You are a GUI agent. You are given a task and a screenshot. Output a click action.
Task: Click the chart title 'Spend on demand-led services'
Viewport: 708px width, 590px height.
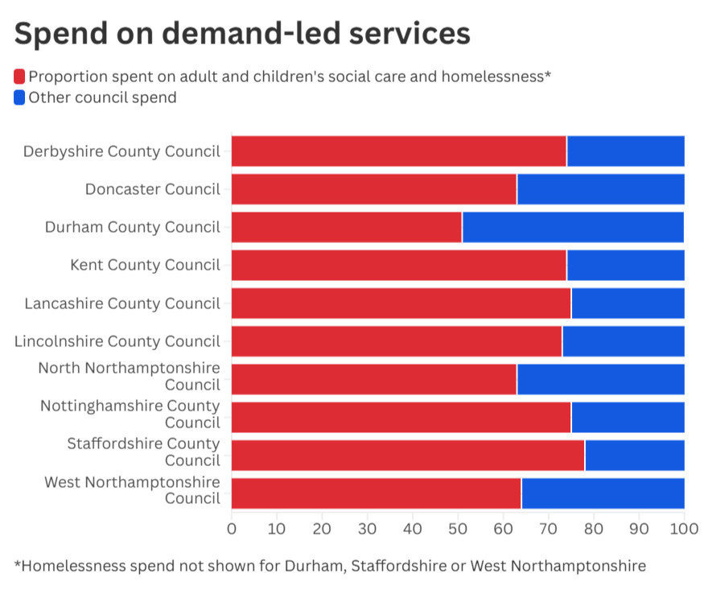click(242, 34)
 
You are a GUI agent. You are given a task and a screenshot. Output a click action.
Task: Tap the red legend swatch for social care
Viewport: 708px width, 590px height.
click(19, 76)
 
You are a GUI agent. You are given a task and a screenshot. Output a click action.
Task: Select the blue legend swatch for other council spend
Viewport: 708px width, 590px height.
click(19, 97)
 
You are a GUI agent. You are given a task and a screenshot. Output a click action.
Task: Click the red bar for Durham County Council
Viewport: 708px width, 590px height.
click(347, 227)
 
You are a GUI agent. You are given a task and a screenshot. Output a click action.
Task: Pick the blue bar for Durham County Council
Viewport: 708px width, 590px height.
click(573, 227)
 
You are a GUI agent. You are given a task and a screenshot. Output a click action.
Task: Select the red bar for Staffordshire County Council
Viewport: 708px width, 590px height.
click(408, 455)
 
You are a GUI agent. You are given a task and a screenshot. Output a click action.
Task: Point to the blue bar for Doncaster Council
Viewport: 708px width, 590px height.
click(600, 189)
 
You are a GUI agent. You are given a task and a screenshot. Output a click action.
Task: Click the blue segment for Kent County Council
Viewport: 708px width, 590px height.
click(625, 265)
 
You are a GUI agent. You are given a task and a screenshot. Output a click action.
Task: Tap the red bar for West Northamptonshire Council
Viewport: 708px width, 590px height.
click(376, 493)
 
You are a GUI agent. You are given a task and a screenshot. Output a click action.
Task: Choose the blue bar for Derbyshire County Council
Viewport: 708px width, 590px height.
click(625, 151)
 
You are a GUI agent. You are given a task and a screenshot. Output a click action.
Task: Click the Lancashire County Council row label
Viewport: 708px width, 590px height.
click(122, 303)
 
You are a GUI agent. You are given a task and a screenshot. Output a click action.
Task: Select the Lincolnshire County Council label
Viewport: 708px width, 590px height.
click(117, 341)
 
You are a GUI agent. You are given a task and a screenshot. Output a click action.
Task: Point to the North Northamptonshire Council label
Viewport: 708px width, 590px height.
click(130, 376)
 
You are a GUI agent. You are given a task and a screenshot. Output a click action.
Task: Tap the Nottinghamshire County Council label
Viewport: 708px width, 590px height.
click(130, 414)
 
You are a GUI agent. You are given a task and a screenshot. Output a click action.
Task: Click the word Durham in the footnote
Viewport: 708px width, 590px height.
click(311, 565)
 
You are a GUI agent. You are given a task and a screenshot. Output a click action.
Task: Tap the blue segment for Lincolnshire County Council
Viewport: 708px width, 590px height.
click(623, 341)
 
